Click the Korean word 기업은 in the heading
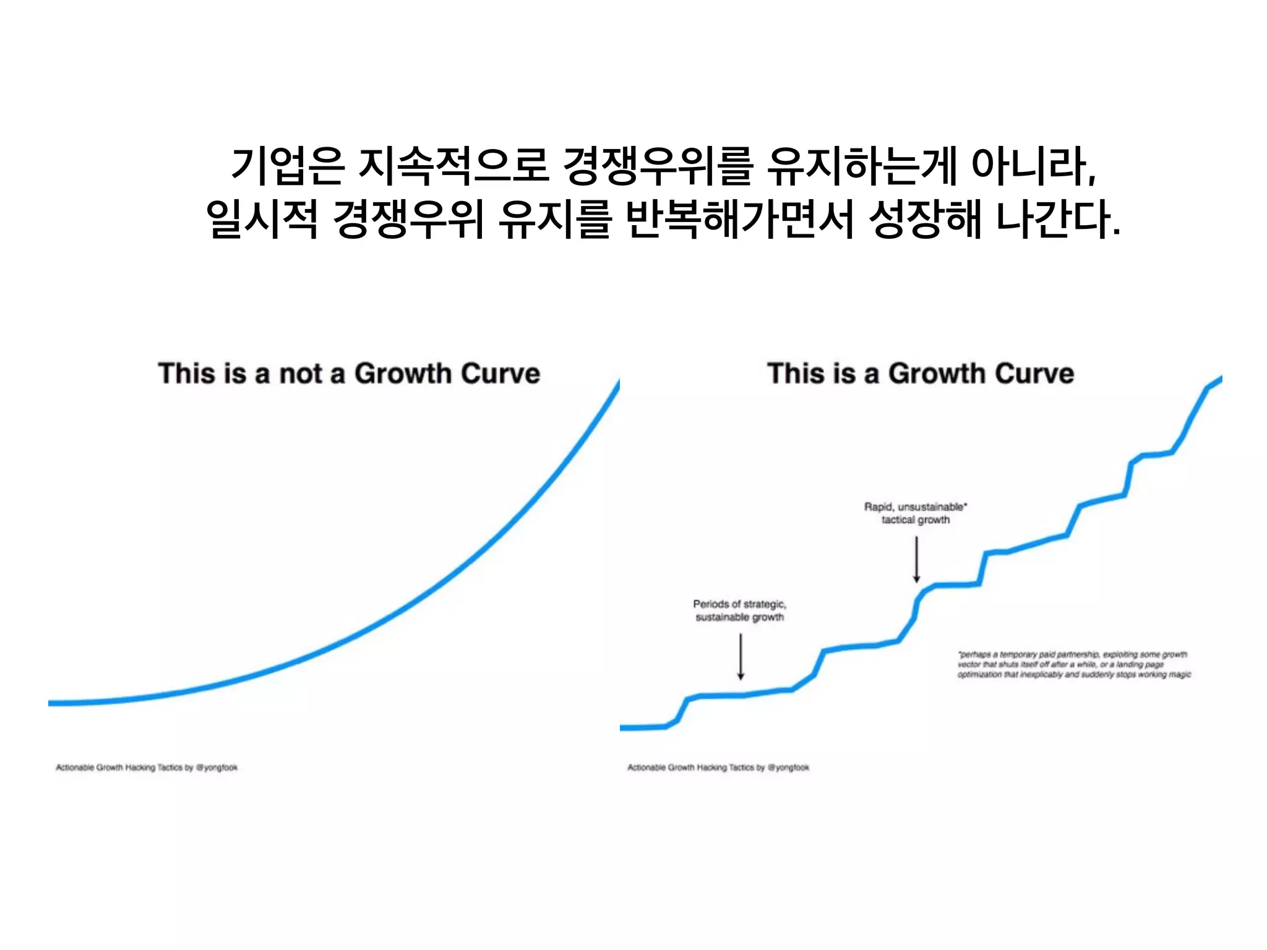(287, 166)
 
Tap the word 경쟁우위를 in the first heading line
(659, 166)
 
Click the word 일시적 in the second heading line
(262, 220)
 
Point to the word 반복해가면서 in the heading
(740, 220)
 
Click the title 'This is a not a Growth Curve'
(349, 374)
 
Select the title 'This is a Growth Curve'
(921, 374)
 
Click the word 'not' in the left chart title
(301, 374)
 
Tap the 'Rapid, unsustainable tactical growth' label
(916, 513)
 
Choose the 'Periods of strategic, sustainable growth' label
(739, 610)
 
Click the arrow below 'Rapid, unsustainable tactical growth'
(917, 559)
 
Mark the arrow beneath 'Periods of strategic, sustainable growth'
(741, 656)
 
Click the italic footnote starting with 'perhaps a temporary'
(1073, 664)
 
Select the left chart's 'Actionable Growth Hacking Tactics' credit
(147, 768)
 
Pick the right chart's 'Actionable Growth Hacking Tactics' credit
(718, 768)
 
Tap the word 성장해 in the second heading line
(924, 220)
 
